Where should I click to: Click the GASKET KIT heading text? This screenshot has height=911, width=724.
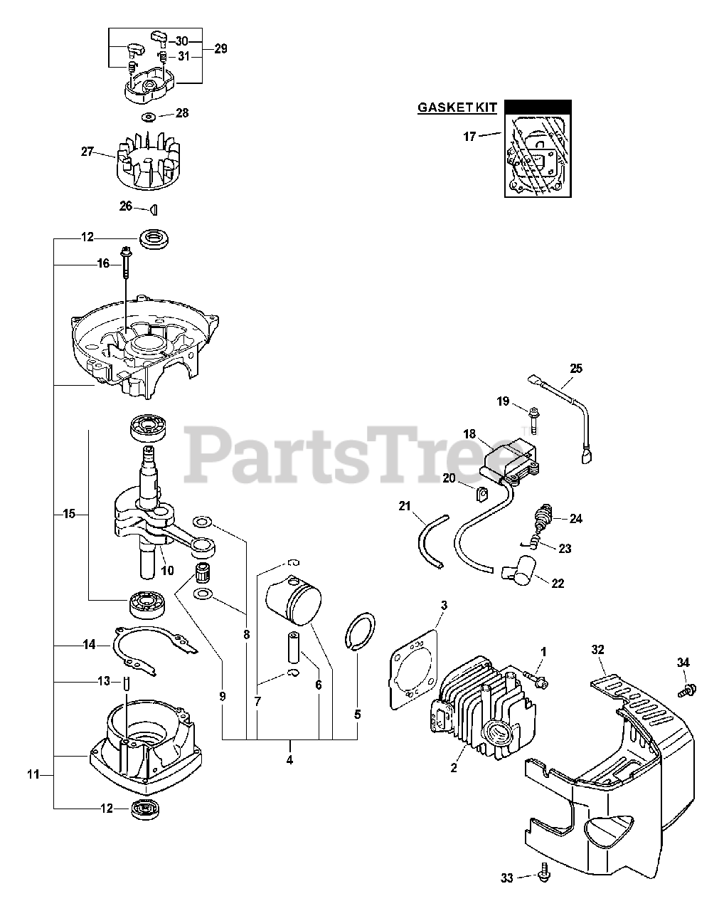coord(458,108)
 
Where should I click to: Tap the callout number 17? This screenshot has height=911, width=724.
coord(469,137)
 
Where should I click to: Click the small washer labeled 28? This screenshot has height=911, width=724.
coord(149,116)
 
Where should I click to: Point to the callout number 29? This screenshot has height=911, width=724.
coord(220,49)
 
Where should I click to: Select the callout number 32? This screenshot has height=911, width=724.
coord(597,649)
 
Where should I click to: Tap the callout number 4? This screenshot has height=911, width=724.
coord(289,759)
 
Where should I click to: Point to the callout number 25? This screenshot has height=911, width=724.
coord(575,368)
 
